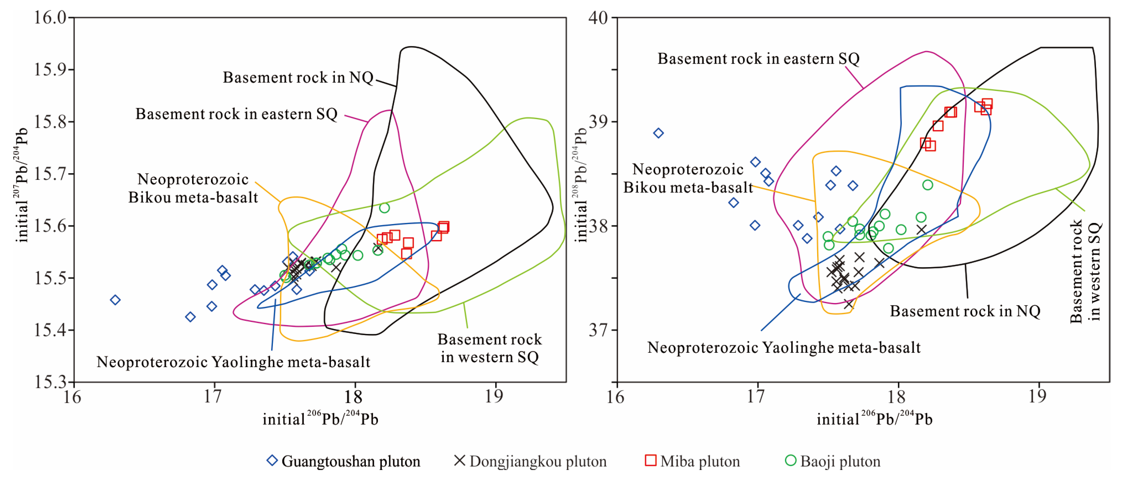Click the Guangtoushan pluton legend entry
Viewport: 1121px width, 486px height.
tap(344, 461)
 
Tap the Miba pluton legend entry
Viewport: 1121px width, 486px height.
tap(693, 461)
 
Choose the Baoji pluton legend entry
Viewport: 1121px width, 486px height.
tap(833, 461)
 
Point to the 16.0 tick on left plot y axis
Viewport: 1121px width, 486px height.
tap(50, 18)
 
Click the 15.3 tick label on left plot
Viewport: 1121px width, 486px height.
tap(50, 382)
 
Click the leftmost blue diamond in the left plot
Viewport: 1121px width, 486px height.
tap(115, 300)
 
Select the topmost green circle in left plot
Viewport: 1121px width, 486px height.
tap(384, 208)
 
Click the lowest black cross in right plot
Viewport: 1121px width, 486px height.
tap(848, 304)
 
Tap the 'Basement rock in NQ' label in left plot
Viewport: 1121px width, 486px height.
tap(298, 78)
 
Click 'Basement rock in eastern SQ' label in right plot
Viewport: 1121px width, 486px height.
tap(758, 59)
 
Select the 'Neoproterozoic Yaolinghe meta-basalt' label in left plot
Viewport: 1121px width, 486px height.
tap(233, 362)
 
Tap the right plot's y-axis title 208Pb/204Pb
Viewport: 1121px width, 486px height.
tap(581, 185)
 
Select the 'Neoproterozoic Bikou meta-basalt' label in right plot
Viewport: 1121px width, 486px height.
tap(688, 178)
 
